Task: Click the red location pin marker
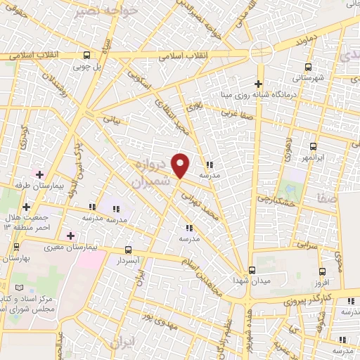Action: (181, 166)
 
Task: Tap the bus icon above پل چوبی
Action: (86, 56)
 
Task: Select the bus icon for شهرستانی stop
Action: (308, 65)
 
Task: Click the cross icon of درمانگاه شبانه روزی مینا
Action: (259, 84)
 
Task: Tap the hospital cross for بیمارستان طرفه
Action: (39, 174)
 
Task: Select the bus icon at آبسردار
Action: (127, 249)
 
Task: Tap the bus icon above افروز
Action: (322, 271)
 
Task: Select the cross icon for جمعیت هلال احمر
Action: (26, 207)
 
